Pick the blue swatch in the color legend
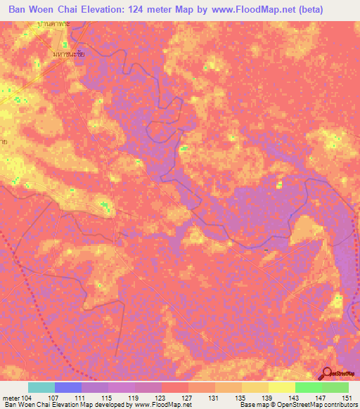(x=68, y=387)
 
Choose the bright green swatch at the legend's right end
(x=335, y=387)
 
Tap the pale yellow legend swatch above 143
(x=281, y=387)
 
